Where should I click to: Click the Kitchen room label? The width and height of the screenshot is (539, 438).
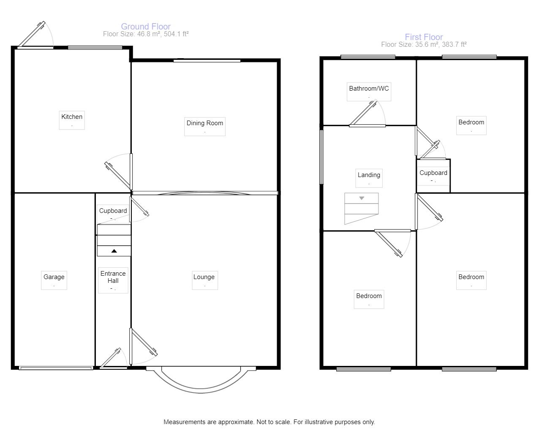pos(72,117)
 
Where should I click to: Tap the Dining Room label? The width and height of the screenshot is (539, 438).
pos(204,123)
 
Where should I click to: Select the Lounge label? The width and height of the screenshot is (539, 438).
pos(204,277)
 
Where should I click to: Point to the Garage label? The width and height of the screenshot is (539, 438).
pos(54,277)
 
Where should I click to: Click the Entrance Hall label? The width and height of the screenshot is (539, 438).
pos(113,277)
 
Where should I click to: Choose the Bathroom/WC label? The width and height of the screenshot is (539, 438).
pos(369,89)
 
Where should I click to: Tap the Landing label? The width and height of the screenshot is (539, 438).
pos(369,175)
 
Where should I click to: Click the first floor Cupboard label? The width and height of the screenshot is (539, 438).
pos(433,173)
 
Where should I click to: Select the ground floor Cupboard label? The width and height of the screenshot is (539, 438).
pos(113,211)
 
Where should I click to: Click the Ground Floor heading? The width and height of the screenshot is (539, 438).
pos(146,27)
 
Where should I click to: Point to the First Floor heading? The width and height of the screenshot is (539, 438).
pos(424,37)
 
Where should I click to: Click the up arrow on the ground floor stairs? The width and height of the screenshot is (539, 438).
pos(114,251)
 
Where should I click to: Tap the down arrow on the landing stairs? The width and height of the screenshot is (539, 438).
pos(362,198)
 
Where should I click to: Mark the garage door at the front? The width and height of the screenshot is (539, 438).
pos(56,368)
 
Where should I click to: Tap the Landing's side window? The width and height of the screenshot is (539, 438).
pos(321,157)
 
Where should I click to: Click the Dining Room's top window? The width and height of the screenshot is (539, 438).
pos(207,61)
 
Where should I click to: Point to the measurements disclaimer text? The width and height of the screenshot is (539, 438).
pos(269,422)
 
